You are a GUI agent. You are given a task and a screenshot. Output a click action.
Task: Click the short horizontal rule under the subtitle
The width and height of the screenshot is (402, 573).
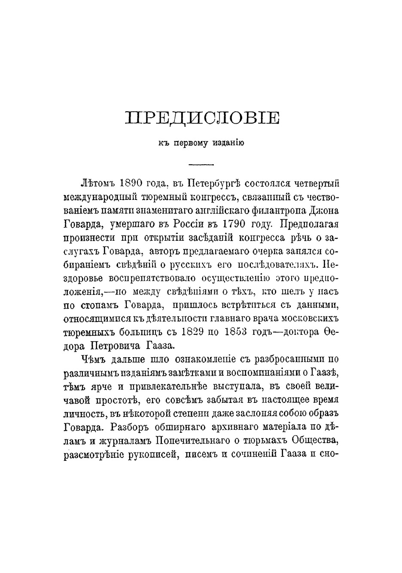pyautogui.click(x=201, y=165)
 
